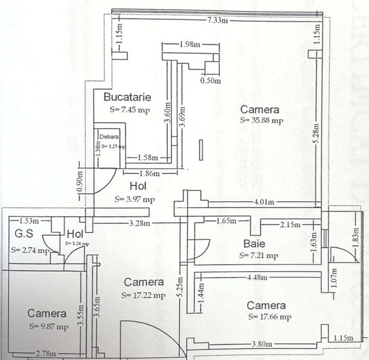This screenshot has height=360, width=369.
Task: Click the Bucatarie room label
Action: [127, 97]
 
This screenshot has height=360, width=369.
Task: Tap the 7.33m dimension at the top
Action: [217, 21]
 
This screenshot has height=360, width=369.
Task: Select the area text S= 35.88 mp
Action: [261, 120]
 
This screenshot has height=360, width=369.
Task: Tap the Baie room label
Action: [254, 244]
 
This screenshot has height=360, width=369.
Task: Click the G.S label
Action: [24, 234]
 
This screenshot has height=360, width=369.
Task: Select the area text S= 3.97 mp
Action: [135, 199]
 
